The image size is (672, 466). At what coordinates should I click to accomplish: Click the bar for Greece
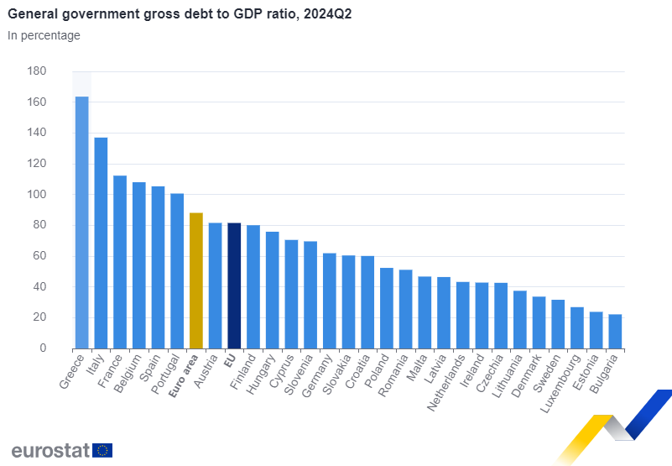pyautogui.click(x=82, y=223)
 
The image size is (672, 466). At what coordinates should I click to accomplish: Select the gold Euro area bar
pyautogui.click(x=196, y=280)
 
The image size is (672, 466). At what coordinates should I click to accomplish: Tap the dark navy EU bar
pyautogui.click(x=235, y=285)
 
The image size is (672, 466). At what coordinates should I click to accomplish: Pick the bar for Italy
pyautogui.click(x=101, y=243)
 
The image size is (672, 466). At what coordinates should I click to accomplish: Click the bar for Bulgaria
pyautogui.click(x=615, y=332)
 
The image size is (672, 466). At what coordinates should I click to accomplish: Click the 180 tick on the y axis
pyautogui.click(x=37, y=71)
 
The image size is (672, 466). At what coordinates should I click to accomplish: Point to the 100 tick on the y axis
pyautogui.click(x=37, y=195)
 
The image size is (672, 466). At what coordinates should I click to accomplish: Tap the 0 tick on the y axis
pyautogui.click(x=42, y=348)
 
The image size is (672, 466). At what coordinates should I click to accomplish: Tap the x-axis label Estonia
pyautogui.click(x=587, y=373)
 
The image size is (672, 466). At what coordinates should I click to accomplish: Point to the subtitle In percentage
pyautogui.click(x=44, y=35)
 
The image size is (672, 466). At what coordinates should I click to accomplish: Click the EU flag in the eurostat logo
pyautogui.click(x=102, y=450)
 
